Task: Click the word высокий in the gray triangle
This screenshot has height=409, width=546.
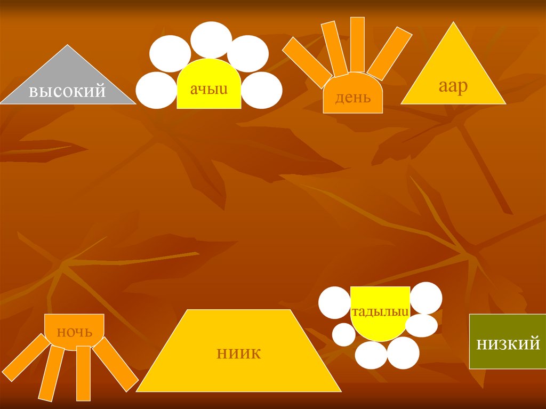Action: click(67, 91)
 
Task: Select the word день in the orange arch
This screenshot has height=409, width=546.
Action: click(352, 98)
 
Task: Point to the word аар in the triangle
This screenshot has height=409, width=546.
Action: click(453, 86)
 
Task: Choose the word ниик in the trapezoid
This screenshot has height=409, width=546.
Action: click(239, 352)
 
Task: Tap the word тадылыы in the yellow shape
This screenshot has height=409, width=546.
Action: click(380, 311)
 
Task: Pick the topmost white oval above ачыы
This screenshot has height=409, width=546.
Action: click(211, 39)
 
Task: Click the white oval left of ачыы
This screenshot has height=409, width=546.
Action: click(156, 90)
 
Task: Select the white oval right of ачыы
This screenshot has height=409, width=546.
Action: click(262, 90)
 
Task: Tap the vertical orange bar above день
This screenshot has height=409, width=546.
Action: click(357, 45)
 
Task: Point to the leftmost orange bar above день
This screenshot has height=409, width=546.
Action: click(307, 62)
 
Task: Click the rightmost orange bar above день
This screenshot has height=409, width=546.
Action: click(390, 53)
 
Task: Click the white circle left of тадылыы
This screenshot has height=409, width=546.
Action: click(334, 302)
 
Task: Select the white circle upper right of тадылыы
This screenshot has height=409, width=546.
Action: click(425, 298)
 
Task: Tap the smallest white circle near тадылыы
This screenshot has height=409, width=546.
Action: click(344, 334)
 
